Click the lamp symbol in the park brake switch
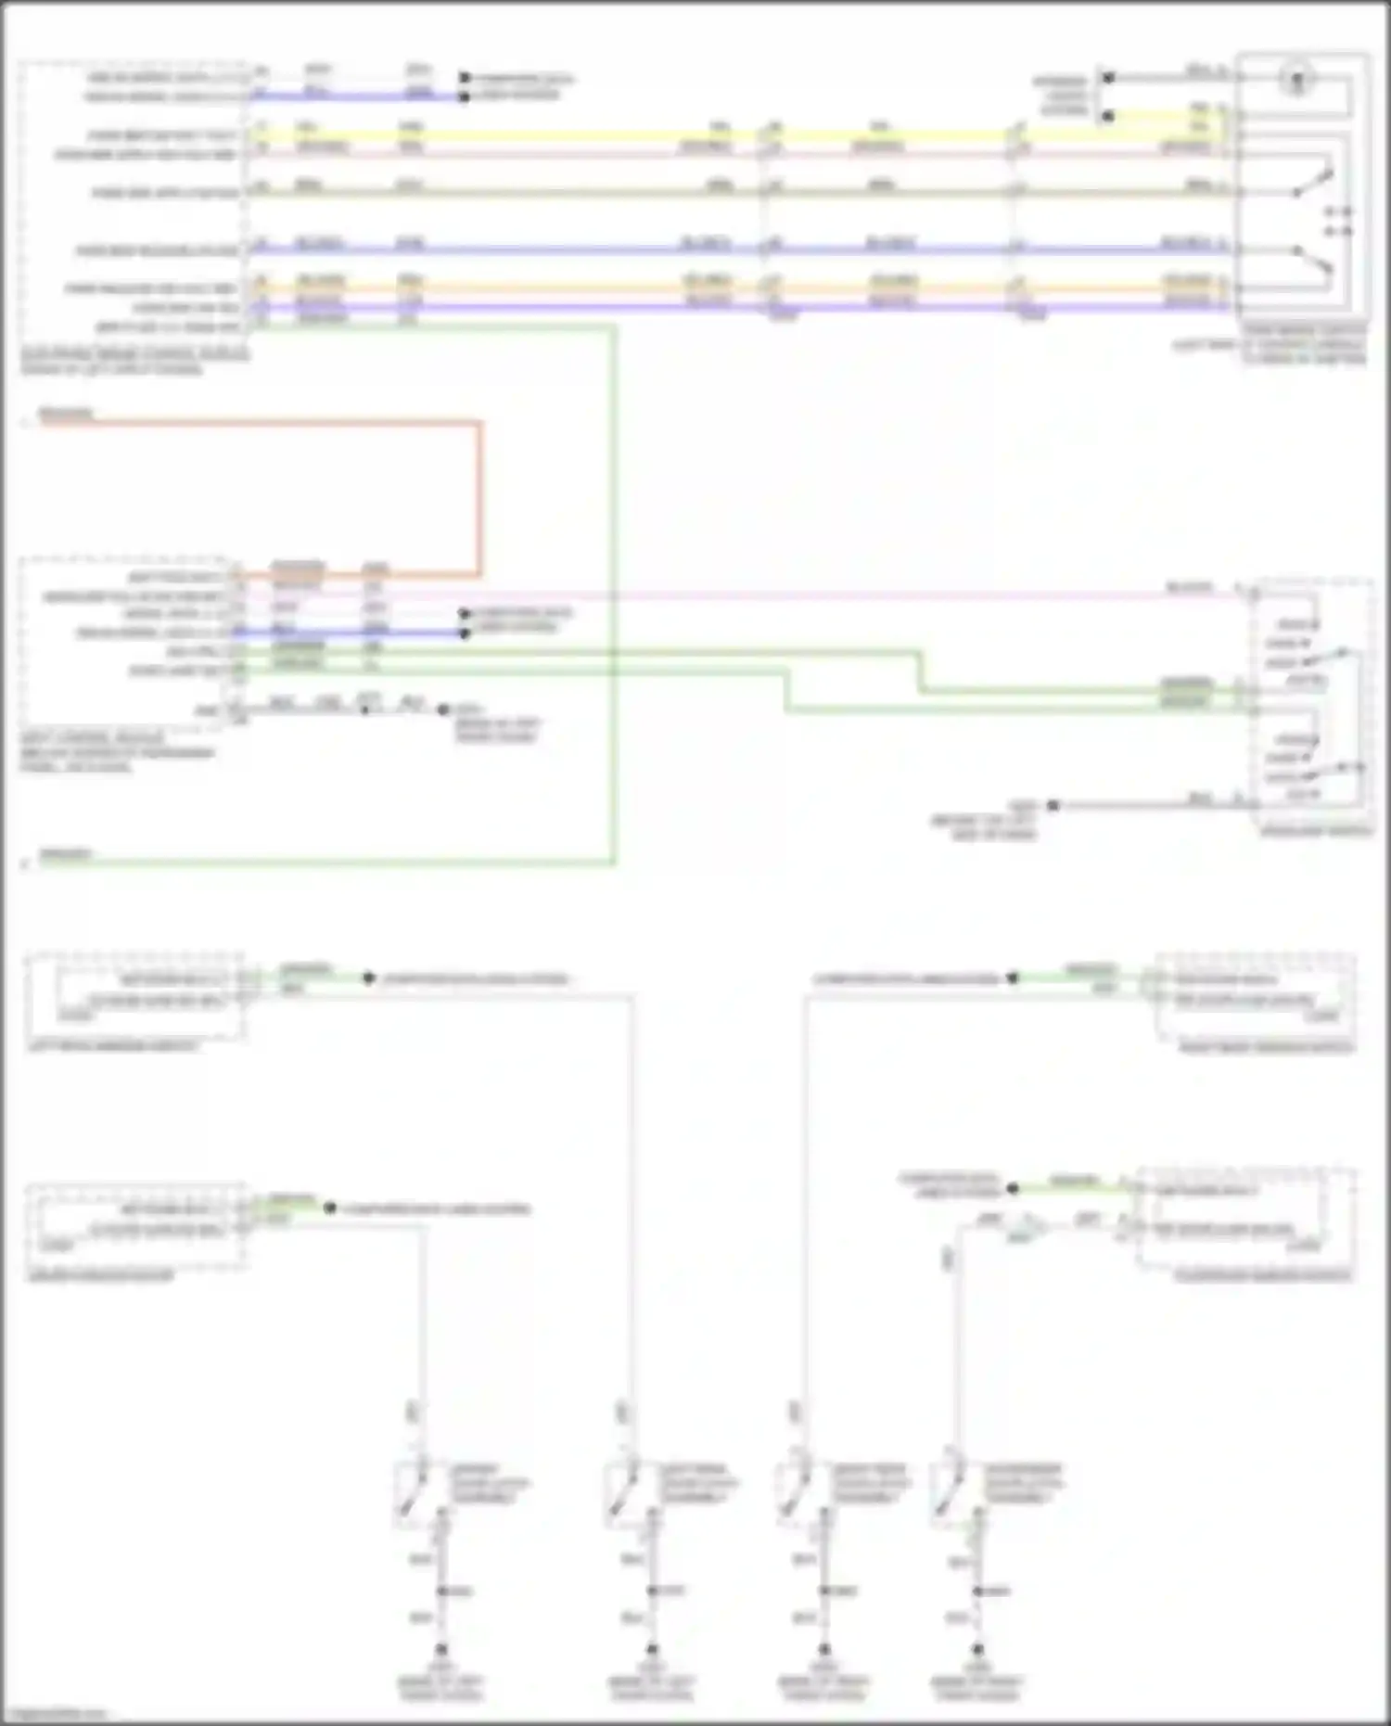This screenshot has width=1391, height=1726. coord(1297,80)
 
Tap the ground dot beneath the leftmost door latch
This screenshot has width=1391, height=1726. coord(441,1650)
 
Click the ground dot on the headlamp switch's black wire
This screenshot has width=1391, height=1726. coord(1053,805)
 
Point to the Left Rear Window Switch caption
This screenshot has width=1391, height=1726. coord(113,1046)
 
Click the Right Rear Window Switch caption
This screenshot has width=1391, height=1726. coord(1267,1048)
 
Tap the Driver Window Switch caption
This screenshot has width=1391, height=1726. coord(101,1276)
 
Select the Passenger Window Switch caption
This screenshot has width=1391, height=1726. coord(1263,1277)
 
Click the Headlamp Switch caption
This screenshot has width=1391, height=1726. coord(1316,831)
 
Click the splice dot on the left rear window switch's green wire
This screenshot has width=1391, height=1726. coord(368,978)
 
